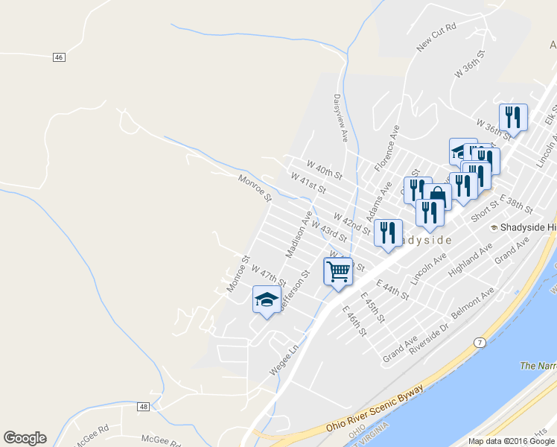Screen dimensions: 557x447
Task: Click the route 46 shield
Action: pyautogui.click(x=60, y=57)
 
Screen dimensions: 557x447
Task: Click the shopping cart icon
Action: pyautogui.click(x=338, y=270)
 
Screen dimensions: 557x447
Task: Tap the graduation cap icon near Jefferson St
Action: pyautogui.click(x=266, y=299)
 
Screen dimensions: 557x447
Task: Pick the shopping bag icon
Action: pyautogui.click(x=439, y=197)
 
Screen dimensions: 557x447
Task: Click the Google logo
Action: pyautogui.click(x=25, y=438)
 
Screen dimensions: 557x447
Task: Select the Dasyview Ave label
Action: pyautogui.click(x=341, y=118)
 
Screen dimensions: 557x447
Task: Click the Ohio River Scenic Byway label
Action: pyautogui.click(x=375, y=409)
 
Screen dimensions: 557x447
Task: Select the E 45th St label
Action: pyautogui.click(x=372, y=307)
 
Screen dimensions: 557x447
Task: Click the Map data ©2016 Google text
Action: pyautogui.click(x=512, y=441)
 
